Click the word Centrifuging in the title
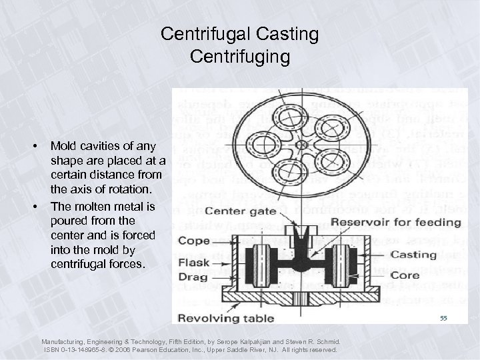[239, 56]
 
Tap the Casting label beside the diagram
[413, 255]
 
